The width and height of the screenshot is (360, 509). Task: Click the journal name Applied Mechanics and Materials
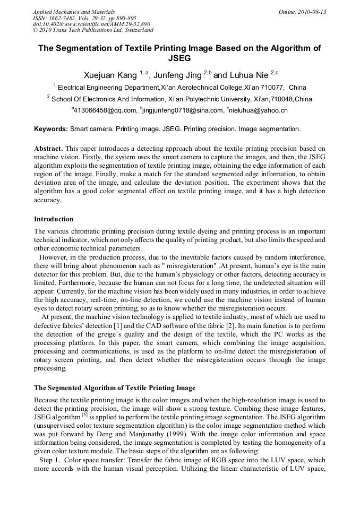74,12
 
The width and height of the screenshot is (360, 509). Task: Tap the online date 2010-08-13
312,12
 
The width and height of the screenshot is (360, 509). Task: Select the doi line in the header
91,24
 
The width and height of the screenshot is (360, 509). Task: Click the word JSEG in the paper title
179,58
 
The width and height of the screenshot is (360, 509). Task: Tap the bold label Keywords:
51,128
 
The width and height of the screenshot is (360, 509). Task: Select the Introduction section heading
54,219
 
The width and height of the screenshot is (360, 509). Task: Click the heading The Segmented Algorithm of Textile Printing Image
115,388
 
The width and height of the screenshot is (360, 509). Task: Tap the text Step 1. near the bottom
50,460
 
